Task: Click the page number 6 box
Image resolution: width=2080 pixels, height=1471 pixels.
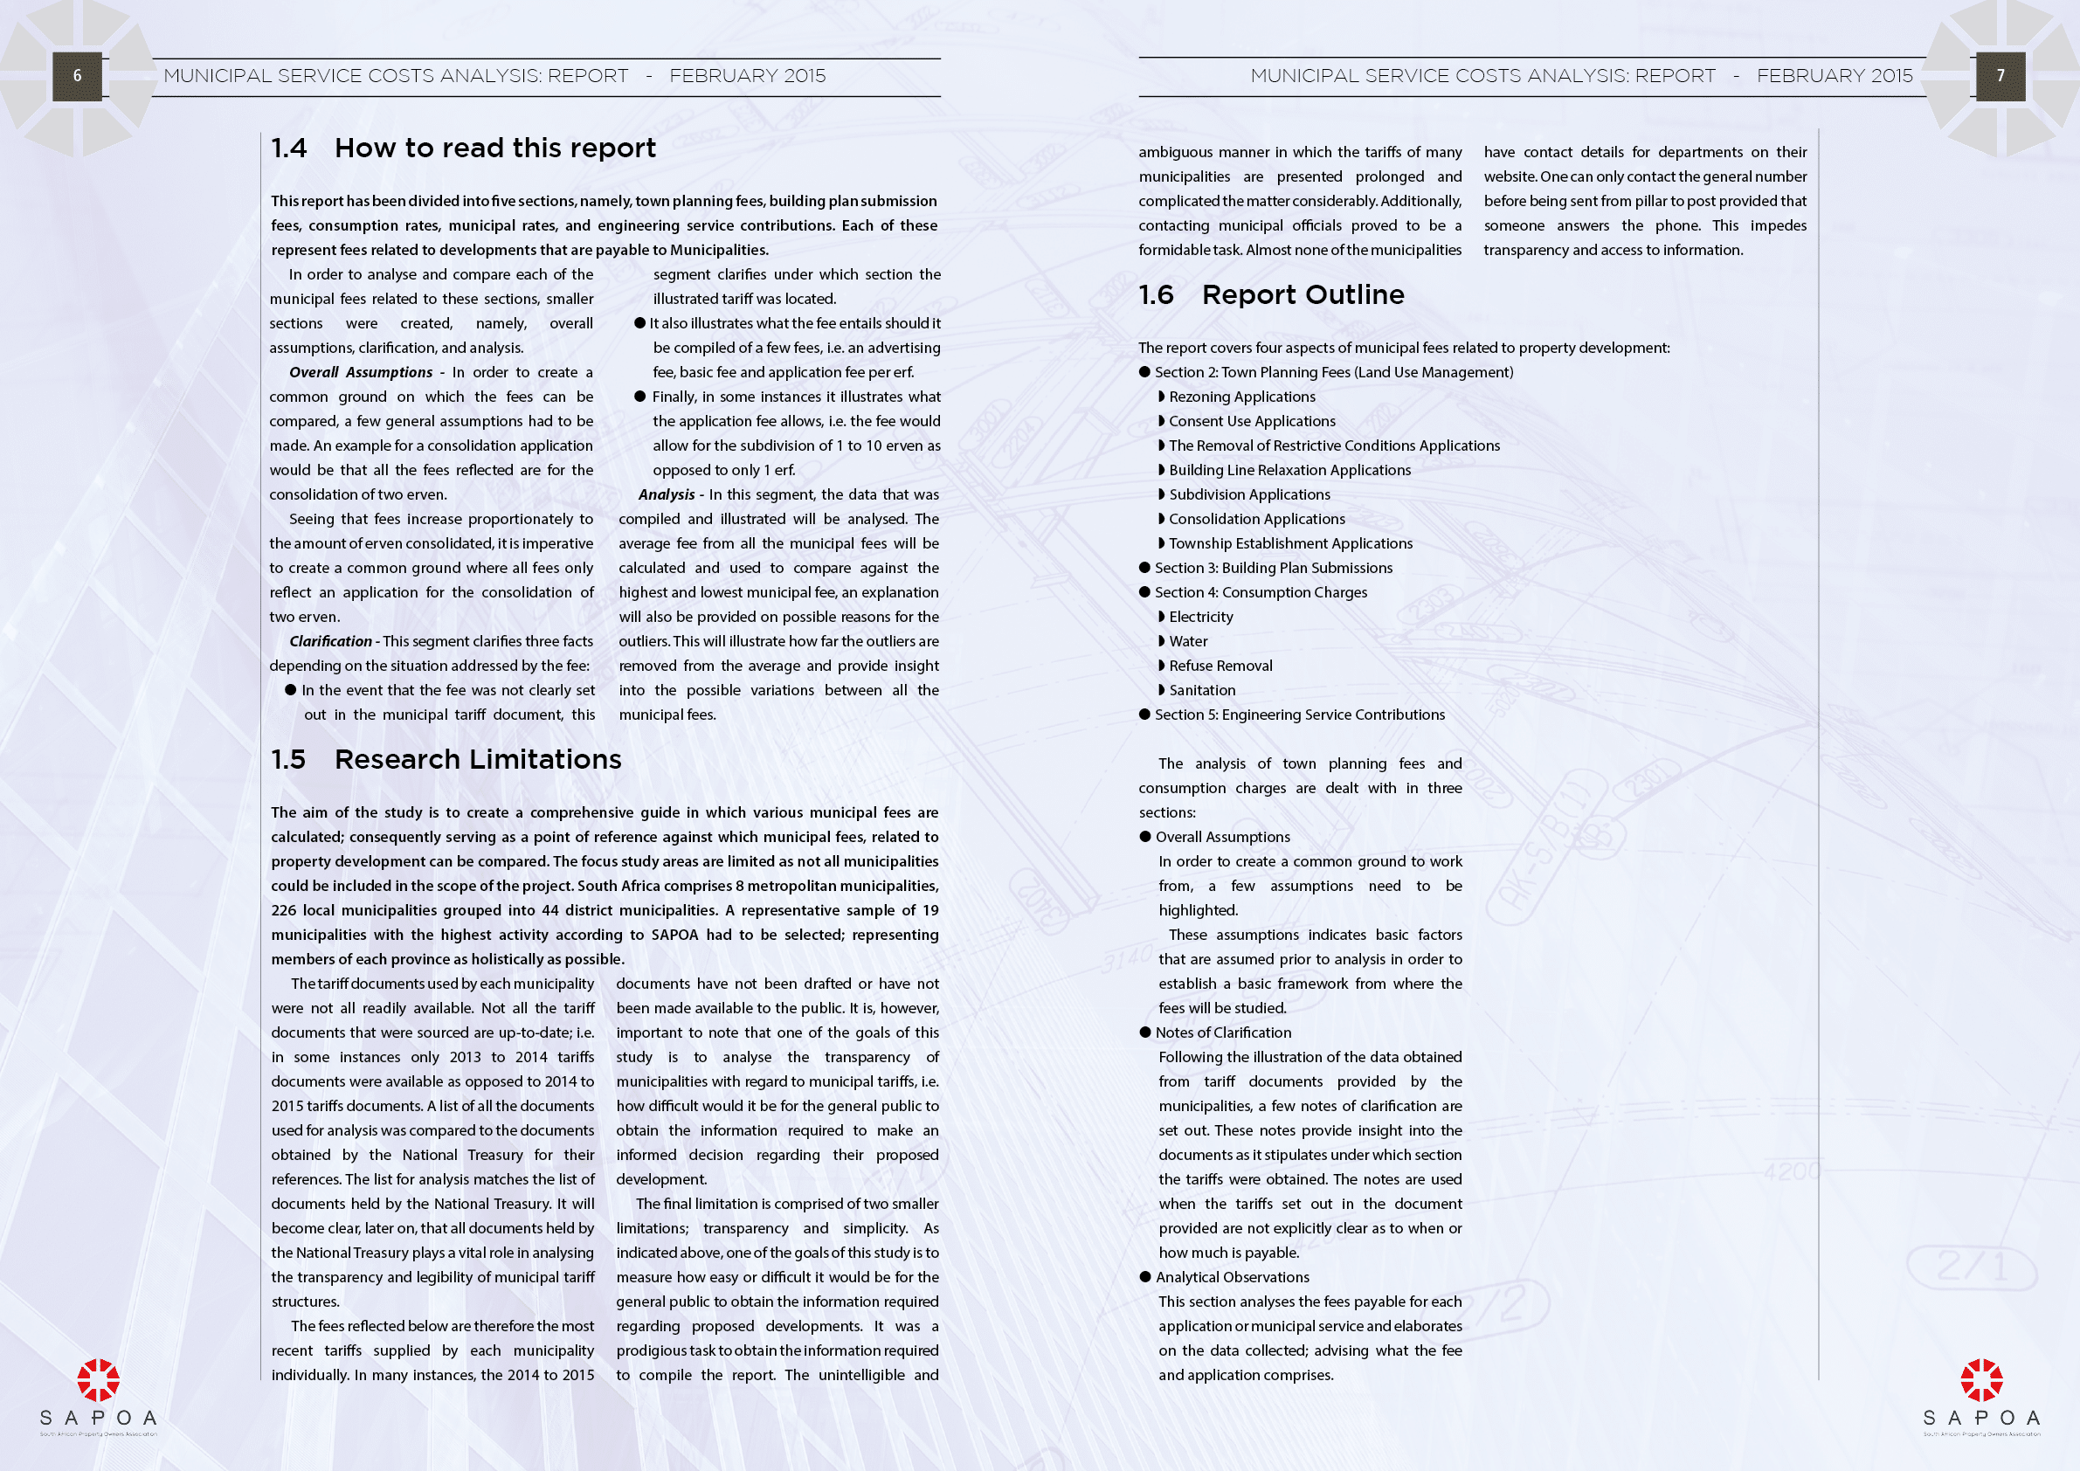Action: coord(77,76)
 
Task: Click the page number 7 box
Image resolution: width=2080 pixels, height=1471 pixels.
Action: coord(2001,76)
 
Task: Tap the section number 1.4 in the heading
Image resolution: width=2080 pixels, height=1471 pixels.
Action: coord(289,148)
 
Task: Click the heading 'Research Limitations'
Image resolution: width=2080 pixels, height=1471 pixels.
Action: coord(478,759)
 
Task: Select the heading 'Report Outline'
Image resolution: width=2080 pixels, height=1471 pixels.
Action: coord(1303,294)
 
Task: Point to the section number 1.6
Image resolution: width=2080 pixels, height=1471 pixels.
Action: coord(1156,294)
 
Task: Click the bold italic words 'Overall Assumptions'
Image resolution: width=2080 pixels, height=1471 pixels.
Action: coord(361,372)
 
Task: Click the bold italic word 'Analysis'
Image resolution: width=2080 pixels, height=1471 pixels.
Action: coord(666,494)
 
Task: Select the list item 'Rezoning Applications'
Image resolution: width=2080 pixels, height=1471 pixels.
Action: coord(1241,397)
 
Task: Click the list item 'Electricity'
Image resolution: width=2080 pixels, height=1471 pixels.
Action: coord(1200,617)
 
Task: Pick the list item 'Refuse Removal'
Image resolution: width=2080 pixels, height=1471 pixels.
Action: coord(1220,666)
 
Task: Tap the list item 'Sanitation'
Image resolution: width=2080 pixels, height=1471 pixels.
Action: coord(1201,690)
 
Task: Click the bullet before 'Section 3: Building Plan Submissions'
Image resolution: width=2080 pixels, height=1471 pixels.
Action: coord(1145,568)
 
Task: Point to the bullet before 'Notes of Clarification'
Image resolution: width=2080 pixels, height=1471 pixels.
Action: coord(1145,1032)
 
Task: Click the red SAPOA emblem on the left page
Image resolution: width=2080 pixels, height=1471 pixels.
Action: coord(98,1379)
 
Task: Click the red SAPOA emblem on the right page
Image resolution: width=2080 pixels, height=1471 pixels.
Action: coord(1981,1379)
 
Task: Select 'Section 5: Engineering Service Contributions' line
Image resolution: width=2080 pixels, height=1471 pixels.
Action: coord(1299,715)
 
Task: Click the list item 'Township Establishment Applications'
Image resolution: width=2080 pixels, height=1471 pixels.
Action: coord(1290,543)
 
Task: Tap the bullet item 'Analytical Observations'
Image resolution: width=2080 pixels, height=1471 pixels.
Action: coord(1232,1277)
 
